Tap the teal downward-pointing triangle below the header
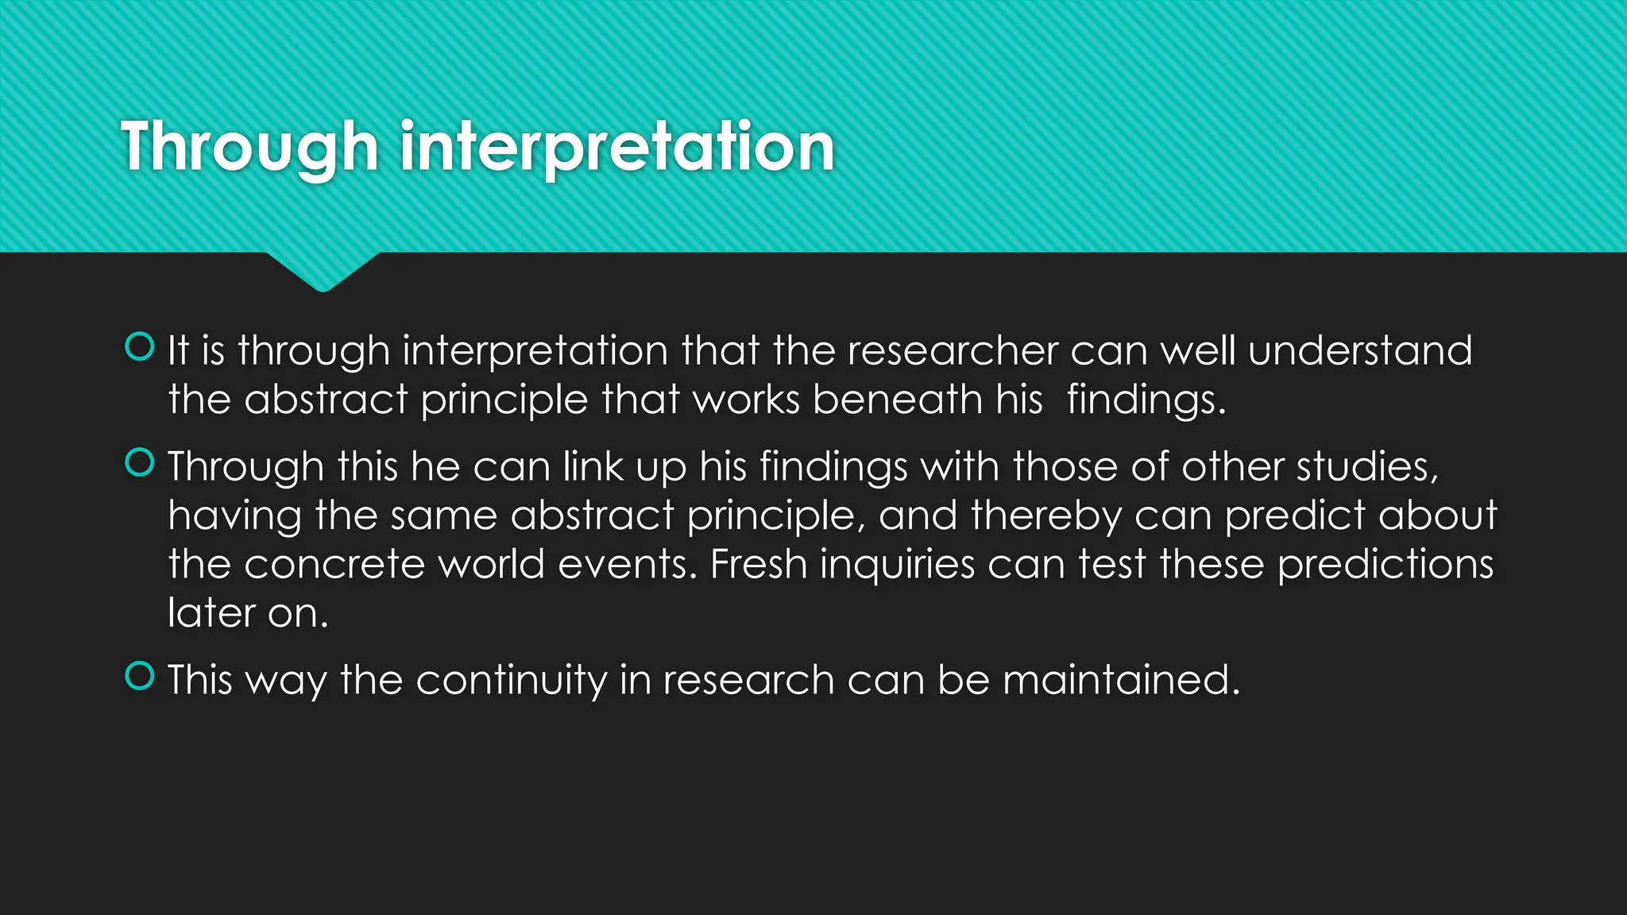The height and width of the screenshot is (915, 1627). (323, 271)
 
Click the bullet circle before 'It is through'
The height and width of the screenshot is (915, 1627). (140, 347)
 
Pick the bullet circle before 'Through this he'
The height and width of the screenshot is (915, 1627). (140, 462)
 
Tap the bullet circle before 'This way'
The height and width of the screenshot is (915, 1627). (140, 676)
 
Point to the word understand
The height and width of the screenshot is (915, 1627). (1360, 351)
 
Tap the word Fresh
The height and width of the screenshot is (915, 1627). (758, 565)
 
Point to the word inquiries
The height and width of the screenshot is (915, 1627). (897, 565)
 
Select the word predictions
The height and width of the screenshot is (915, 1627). (1385, 565)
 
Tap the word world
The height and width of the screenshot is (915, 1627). (491, 565)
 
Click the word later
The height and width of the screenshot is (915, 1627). (211, 613)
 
